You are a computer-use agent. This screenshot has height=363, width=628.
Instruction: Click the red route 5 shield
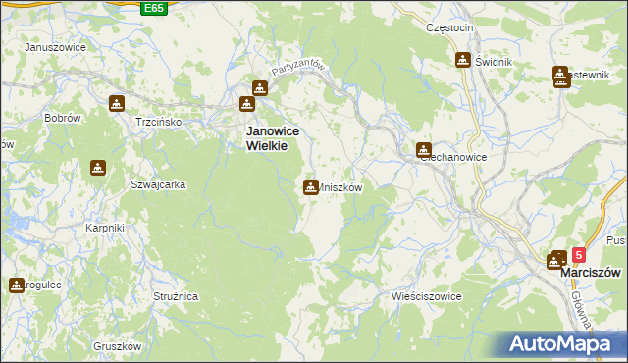(x=578, y=254)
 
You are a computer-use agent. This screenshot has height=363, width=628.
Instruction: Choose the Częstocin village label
(x=449, y=28)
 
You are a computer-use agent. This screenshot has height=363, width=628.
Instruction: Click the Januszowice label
(x=55, y=47)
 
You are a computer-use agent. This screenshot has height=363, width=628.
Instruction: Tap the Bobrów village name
(x=61, y=118)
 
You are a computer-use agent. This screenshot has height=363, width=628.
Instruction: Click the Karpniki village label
(x=104, y=229)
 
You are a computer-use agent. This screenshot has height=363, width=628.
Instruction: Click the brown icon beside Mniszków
(x=310, y=186)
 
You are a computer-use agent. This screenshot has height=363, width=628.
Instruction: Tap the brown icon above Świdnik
(x=463, y=60)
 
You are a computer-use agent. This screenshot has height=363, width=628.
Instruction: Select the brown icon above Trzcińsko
(x=117, y=103)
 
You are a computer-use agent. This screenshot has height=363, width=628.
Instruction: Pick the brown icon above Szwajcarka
(x=97, y=169)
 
